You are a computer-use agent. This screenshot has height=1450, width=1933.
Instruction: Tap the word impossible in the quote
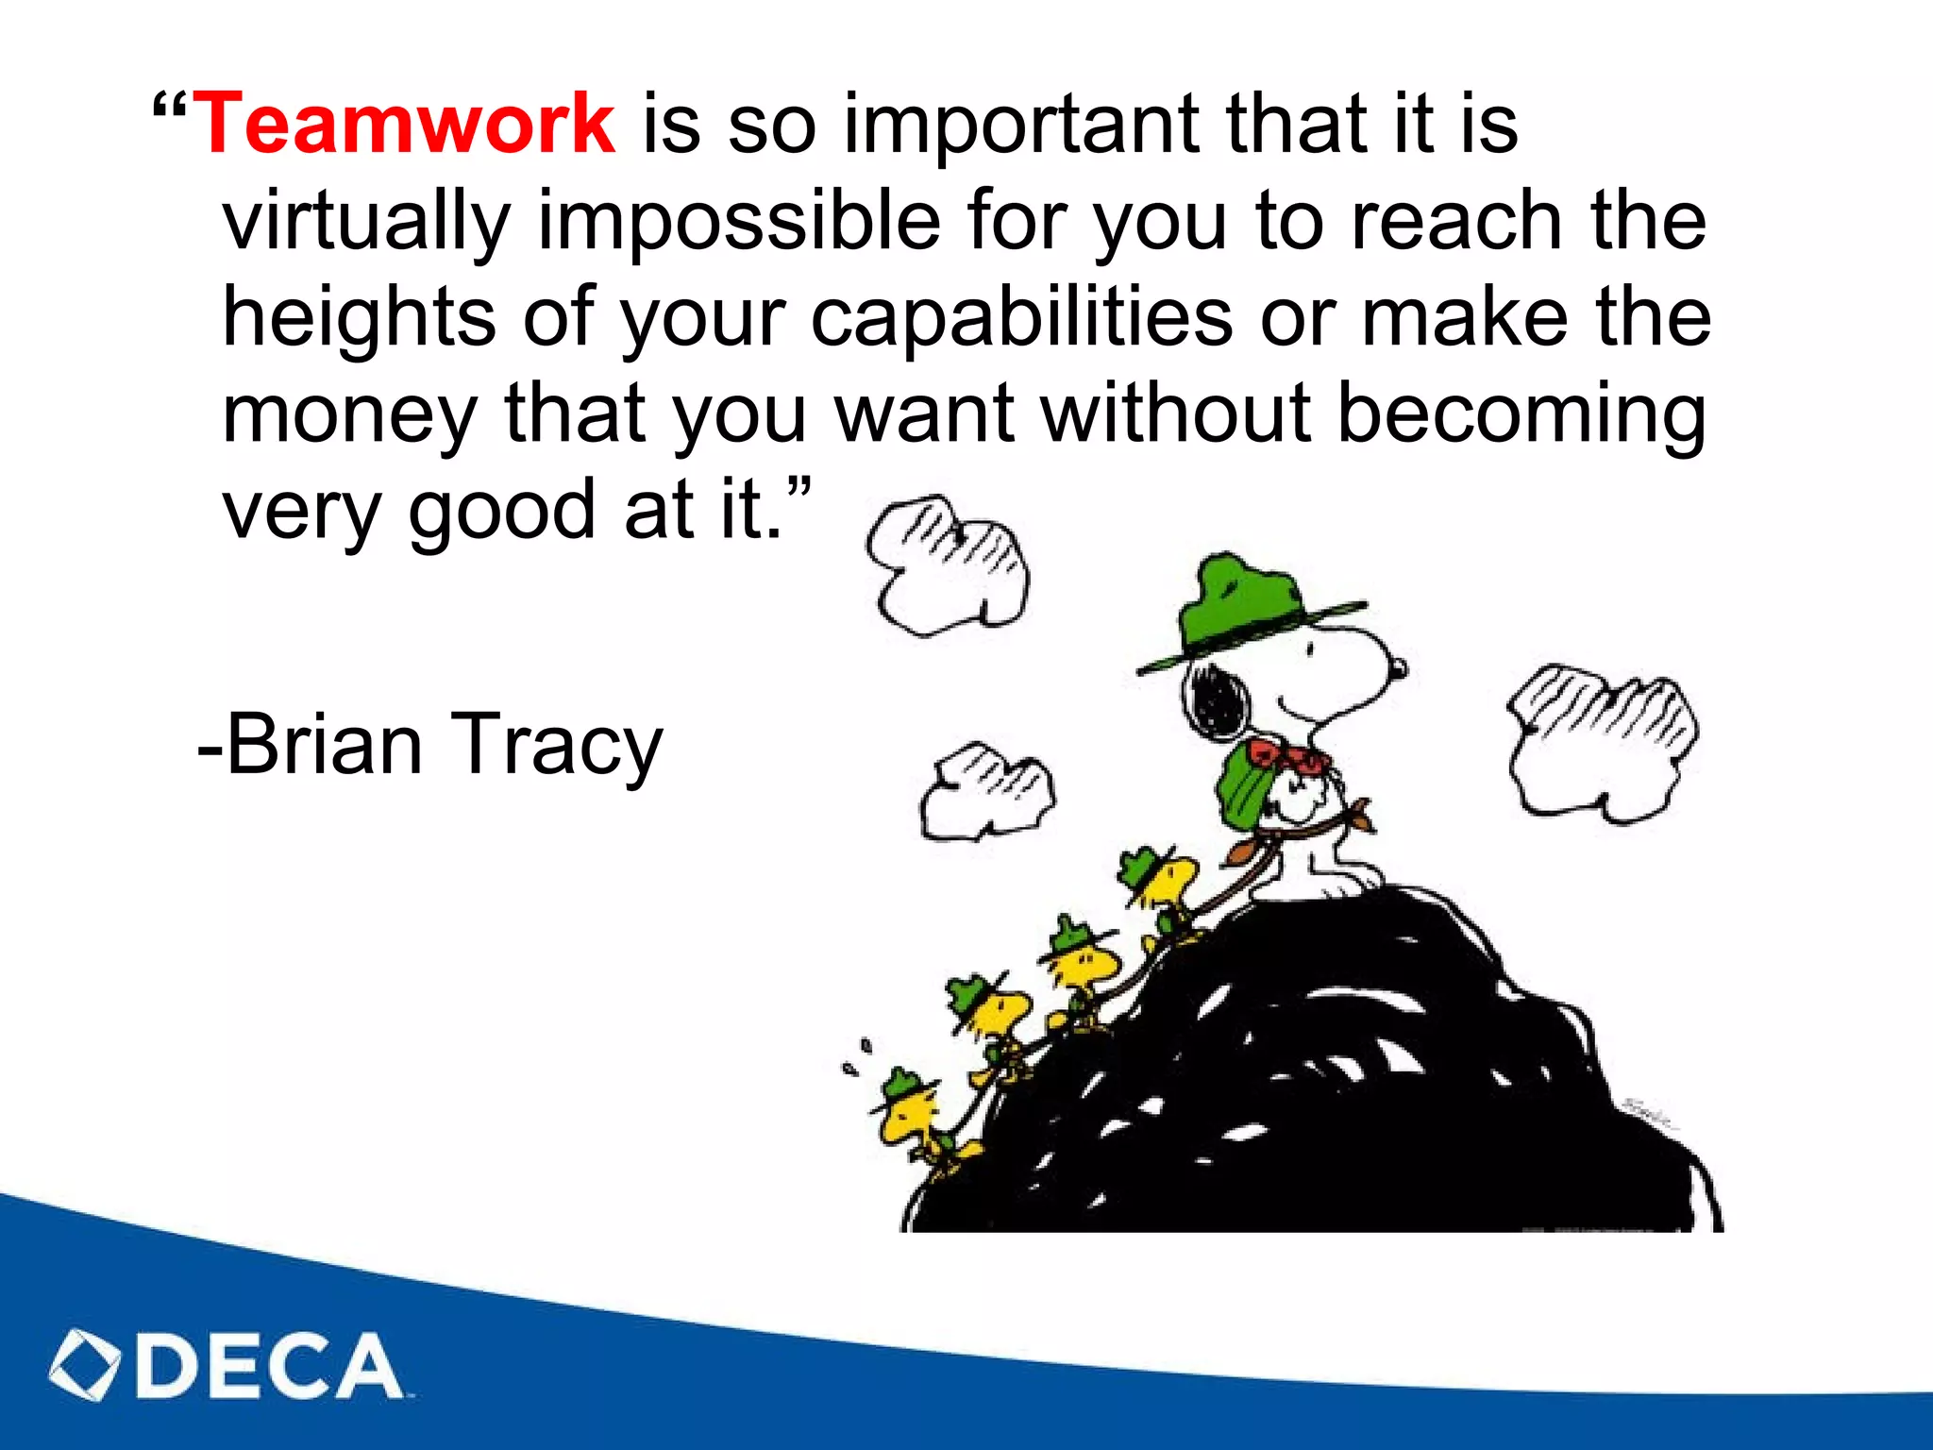tap(739, 222)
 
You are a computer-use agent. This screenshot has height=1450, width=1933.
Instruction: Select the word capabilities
tap(1021, 317)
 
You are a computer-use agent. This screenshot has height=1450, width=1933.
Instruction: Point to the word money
tap(350, 415)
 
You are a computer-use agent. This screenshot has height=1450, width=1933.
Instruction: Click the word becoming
tap(1521, 415)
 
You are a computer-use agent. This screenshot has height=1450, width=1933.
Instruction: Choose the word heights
tap(359, 317)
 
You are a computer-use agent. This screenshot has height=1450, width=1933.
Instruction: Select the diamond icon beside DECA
tap(84, 1365)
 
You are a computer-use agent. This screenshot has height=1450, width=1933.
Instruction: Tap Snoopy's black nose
tap(1397, 668)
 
